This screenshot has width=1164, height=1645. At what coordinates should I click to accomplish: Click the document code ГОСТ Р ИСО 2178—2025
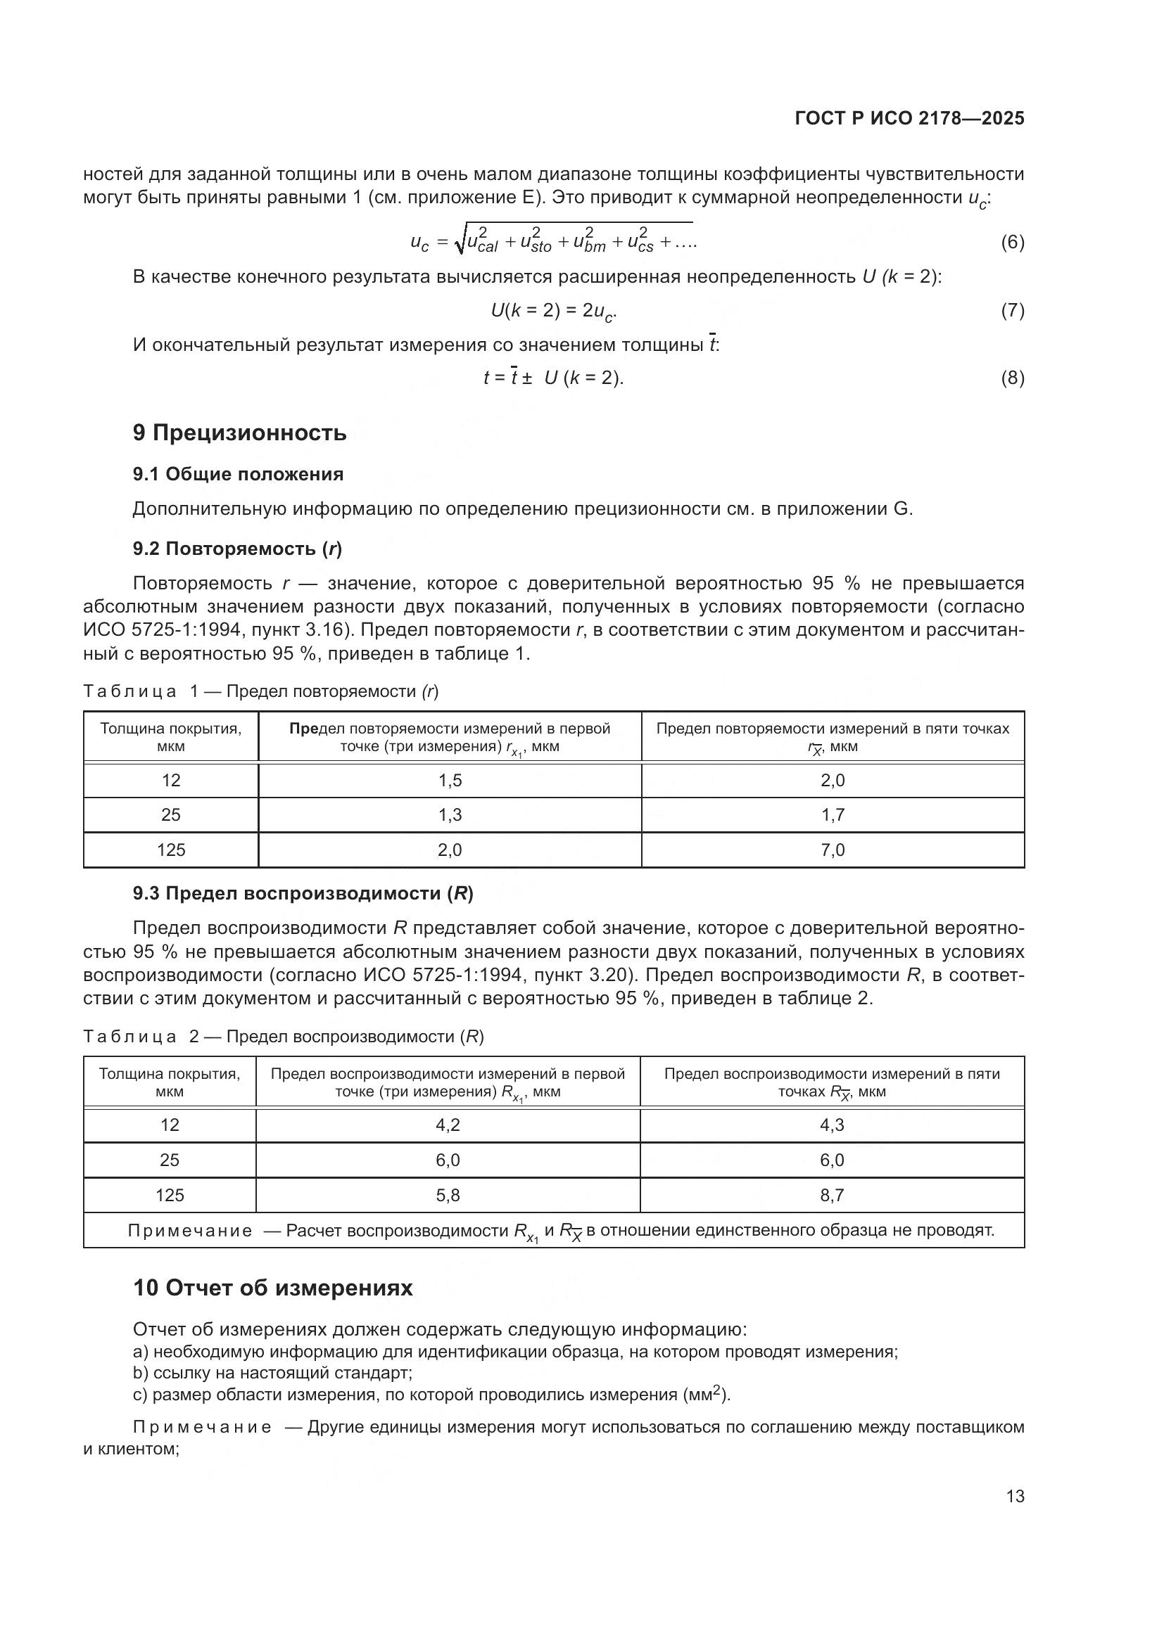tap(909, 118)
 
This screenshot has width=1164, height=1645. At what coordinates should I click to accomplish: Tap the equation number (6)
tap(1012, 242)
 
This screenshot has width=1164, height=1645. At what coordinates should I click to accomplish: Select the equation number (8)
tap(1012, 378)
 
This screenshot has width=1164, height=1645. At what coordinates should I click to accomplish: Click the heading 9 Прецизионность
tap(239, 433)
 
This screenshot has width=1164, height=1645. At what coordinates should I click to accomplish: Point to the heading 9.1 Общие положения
tap(238, 474)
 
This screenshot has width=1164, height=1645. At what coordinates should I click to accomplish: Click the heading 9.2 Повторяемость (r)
tap(237, 549)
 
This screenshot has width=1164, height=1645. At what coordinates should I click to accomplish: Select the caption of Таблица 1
tap(261, 691)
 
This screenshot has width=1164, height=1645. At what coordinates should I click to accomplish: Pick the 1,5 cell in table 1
tap(450, 780)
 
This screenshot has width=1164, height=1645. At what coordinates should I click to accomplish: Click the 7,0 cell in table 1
tap(832, 850)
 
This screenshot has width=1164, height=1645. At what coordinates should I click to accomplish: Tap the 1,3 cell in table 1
tap(450, 814)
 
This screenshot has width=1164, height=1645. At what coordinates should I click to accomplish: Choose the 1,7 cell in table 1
tap(832, 814)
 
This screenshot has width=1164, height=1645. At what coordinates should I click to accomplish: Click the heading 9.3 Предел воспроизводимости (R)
tap(303, 893)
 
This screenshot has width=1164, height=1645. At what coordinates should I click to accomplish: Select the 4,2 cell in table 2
tap(448, 1125)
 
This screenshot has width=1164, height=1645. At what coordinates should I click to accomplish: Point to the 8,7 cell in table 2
tap(831, 1195)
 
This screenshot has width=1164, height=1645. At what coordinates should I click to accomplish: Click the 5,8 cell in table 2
tap(448, 1195)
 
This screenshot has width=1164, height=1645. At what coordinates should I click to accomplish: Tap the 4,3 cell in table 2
tap(831, 1125)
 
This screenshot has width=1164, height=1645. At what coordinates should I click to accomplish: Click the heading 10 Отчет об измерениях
tap(273, 1288)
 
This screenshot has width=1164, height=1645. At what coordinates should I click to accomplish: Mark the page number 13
tap(1015, 1497)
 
